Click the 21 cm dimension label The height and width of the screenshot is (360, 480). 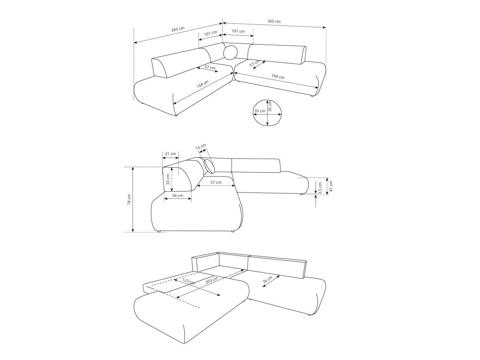click(170, 154)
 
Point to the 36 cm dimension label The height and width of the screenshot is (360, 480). click(177, 195)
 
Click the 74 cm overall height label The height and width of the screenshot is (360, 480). click(129, 199)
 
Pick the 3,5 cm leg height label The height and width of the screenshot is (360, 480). click(320, 188)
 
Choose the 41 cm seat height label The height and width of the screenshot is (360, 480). click(331, 186)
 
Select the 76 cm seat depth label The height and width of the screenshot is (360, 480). click(267, 280)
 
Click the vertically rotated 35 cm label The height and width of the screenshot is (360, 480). click(270, 106)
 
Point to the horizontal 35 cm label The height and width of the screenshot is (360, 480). click(259, 111)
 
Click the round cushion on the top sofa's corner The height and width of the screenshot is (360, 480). click(230, 53)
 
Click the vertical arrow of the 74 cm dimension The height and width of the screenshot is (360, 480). click(133, 199)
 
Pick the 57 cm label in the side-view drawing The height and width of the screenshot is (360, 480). click(216, 182)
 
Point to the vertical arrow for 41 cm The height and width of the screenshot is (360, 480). click(327, 186)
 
